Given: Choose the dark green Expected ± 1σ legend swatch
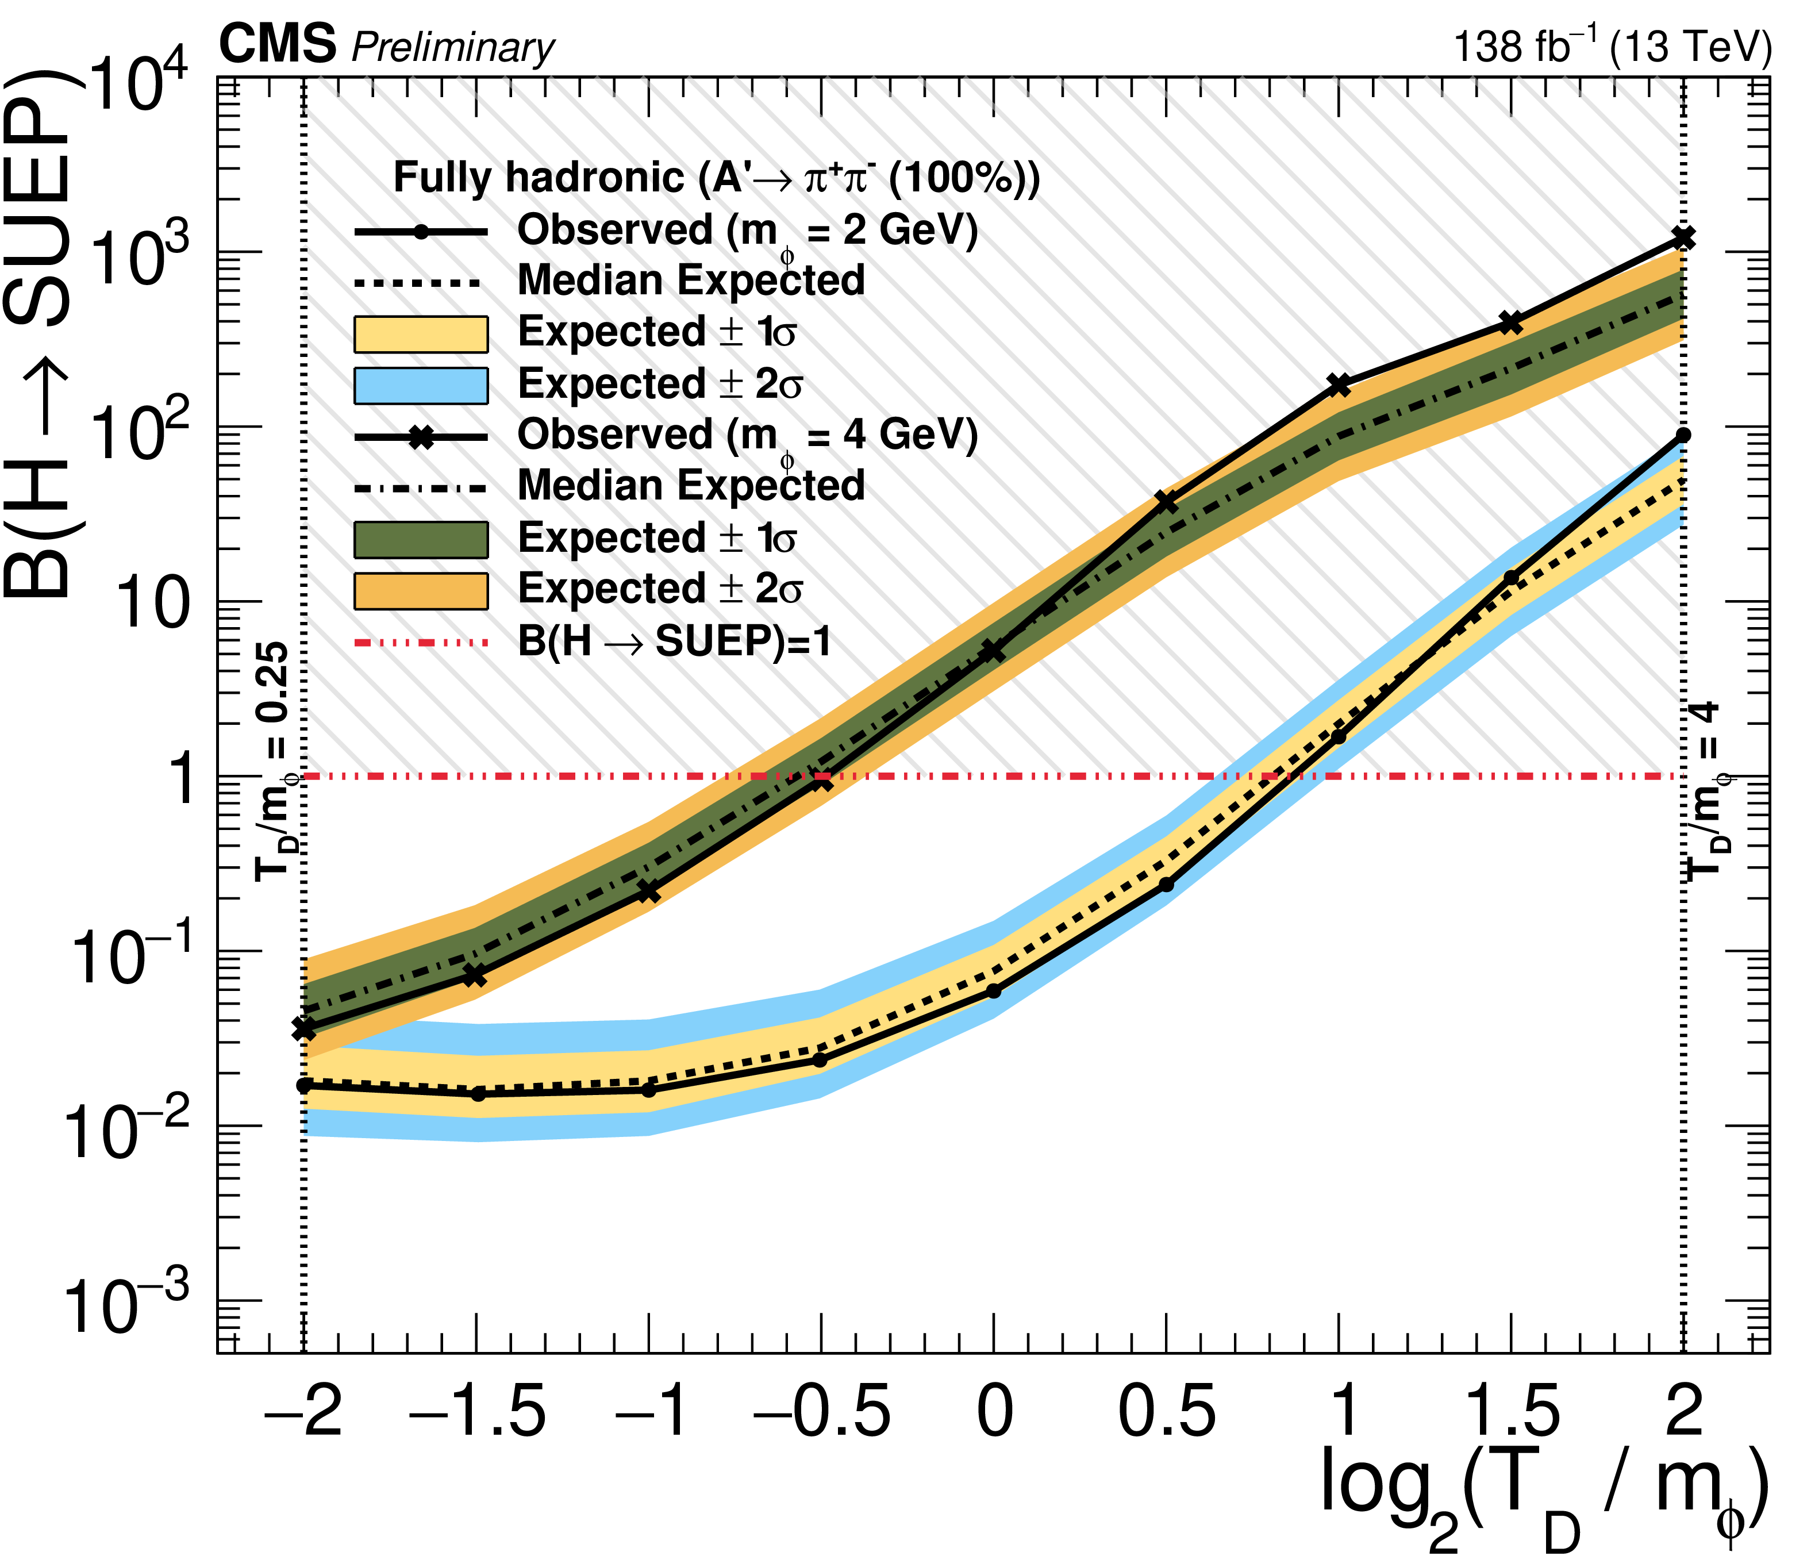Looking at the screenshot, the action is point(420,539).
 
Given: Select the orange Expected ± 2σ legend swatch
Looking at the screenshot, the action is point(420,591).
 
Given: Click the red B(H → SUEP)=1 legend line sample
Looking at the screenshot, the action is point(420,643).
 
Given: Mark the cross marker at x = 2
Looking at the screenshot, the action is point(1683,238).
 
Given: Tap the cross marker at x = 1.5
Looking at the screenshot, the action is point(1511,322).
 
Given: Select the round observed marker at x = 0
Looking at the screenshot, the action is point(994,990).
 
